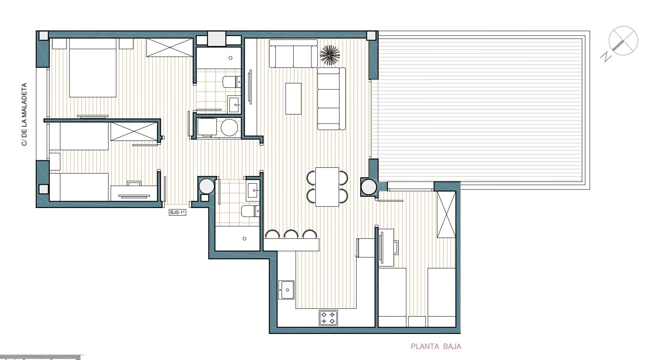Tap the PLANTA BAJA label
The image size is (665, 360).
tap(436, 347)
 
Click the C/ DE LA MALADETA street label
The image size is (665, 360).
tap(24, 114)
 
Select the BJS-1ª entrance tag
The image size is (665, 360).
tap(177, 212)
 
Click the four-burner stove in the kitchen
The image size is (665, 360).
tap(328, 318)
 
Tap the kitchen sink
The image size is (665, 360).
tap(287, 290)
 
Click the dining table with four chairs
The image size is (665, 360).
tap(328, 186)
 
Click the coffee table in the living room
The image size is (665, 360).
tap(293, 98)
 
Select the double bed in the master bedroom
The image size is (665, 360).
tap(93, 67)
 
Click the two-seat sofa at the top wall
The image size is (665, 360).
tap(293, 54)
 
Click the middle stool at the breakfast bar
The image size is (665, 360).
tap(291, 234)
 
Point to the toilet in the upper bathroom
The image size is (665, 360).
tap(231, 82)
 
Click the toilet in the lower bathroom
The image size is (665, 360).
tap(250, 211)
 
